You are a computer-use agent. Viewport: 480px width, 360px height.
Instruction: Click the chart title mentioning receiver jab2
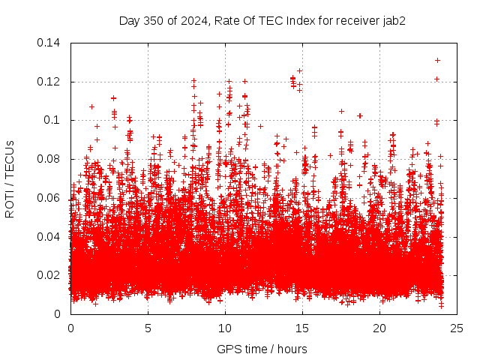262,21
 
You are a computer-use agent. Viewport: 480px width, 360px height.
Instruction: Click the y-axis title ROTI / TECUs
10,178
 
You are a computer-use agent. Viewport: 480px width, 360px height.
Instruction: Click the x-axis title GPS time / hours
262,349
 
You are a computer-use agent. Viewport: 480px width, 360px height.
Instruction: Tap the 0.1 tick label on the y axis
53,120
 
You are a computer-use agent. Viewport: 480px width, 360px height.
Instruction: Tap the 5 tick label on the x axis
148,328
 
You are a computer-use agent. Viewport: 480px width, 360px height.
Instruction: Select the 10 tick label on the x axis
225,328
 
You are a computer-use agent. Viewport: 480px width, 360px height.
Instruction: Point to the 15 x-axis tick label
302,328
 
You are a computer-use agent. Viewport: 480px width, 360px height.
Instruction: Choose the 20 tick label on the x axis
379,328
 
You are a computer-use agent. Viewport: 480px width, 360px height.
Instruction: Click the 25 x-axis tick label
457,328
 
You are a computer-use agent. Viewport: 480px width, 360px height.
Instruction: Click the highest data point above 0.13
437,60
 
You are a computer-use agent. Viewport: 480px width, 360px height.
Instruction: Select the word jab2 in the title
394,21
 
